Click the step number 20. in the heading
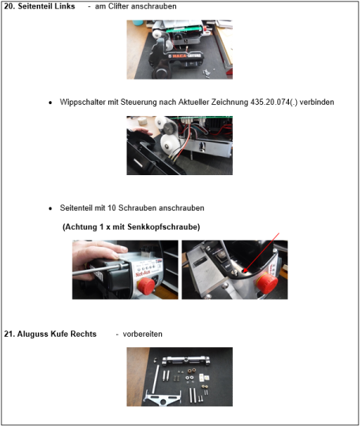tap(9, 6)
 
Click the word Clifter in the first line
tap(118, 6)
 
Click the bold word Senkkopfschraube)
tap(163, 227)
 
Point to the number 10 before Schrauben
tap(112, 207)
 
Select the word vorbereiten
tap(142, 334)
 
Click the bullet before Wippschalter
tap(51, 103)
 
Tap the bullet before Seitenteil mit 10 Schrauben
tap(51, 208)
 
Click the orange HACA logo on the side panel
tap(179, 56)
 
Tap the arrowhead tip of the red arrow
tap(244, 272)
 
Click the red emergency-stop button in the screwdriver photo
tap(146, 286)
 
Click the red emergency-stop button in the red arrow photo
tap(268, 284)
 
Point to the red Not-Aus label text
tap(143, 273)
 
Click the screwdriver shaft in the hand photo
tap(96, 270)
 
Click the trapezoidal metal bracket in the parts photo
tap(163, 398)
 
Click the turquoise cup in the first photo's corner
tap(138, 23)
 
